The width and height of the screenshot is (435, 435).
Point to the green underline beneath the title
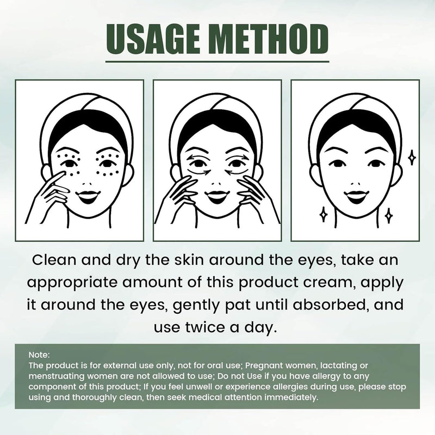click(x=217, y=61)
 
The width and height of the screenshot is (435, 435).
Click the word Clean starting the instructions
click(x=55, y=260)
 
